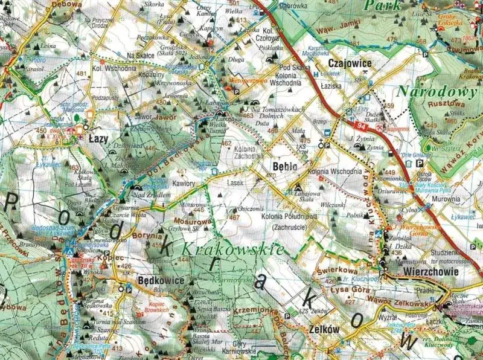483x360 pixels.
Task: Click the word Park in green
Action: (x=382, y=5)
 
